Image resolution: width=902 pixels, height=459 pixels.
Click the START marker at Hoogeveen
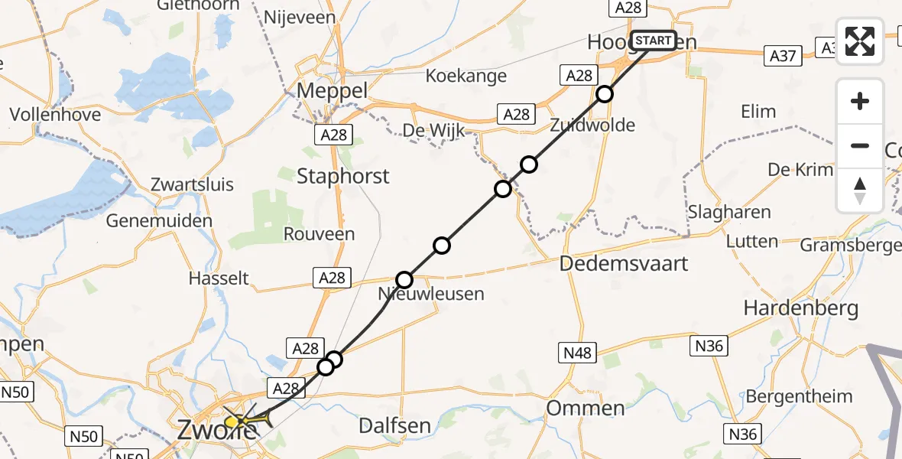click(654, 41)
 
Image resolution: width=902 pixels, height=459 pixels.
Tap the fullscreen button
click(860, 41)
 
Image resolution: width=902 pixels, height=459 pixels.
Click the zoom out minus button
click(860, 145)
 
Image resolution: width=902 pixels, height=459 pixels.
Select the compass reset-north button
click(860, 190)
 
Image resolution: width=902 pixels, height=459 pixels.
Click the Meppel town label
click(332, 90)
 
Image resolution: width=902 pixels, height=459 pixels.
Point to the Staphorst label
click(343, 177)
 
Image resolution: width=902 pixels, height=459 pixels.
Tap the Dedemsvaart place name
click(624, 264)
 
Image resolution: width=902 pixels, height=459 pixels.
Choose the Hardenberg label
click(801, 309)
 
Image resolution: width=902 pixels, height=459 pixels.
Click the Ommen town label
click(585, 409)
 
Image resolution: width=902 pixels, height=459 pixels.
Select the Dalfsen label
click(394, 425)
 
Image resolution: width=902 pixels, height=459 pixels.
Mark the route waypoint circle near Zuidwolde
click(605, 94)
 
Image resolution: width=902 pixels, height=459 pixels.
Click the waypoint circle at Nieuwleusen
click(404, 280)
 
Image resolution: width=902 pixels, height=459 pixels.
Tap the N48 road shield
click(577, 352)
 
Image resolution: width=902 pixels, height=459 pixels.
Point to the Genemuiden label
click(159, 220)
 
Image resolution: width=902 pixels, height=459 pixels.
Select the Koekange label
click(466, 76)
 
